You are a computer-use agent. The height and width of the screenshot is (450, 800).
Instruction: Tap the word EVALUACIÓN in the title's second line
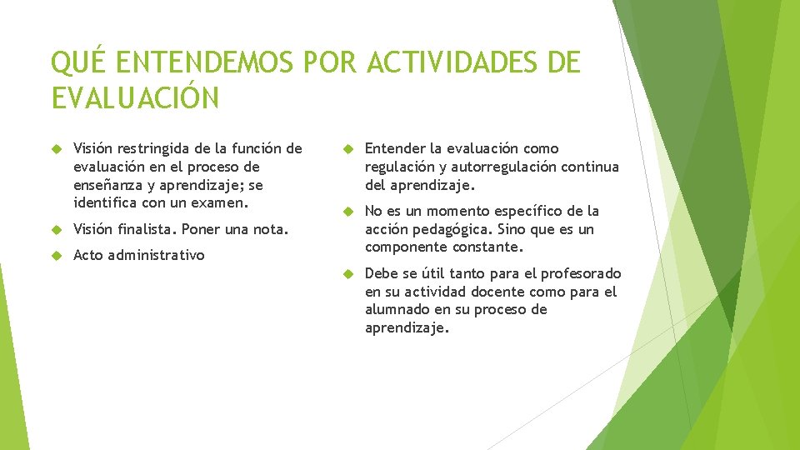click(135, 97)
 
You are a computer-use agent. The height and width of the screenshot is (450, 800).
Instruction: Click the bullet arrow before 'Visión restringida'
click(56, 149)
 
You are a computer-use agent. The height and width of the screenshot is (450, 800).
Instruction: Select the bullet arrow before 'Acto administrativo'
click(56, 255)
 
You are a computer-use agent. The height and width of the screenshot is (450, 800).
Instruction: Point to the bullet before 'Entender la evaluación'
click(347, 149)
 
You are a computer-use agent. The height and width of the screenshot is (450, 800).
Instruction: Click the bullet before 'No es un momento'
click(347, 212)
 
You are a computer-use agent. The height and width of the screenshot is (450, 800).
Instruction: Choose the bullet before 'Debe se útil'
click(347, 274)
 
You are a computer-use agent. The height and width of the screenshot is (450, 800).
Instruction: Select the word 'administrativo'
click(156, 255)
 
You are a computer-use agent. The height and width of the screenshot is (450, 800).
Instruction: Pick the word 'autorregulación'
click(502, 167)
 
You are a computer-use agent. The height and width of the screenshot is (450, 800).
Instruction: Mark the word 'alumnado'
click(397, 309)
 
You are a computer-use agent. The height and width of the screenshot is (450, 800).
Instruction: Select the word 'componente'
click(404, 247)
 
